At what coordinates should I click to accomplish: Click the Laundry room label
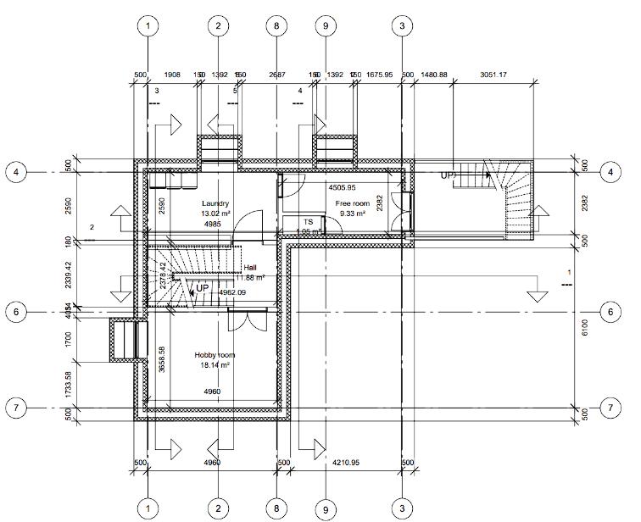click(x=216, y=204)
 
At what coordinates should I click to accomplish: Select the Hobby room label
click(x=215, y=355)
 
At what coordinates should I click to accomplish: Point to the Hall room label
click(x=250, y=267)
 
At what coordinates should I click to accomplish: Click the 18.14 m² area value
click(x=215, y=365)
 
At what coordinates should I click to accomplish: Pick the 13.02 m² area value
click(x=215, y=214)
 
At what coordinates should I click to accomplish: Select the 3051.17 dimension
click(x=493, y=75)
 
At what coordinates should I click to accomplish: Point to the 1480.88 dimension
click(x=432, y=75)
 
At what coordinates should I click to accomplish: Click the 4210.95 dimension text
click(x=347, y=463)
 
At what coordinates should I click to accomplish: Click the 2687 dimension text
click(x=276, y=75)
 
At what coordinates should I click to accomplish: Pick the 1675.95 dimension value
click(x=380, y=75)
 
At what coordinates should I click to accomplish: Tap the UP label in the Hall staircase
click(x=202, y=288)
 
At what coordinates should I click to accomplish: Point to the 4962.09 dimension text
click(x=232, y=292)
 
